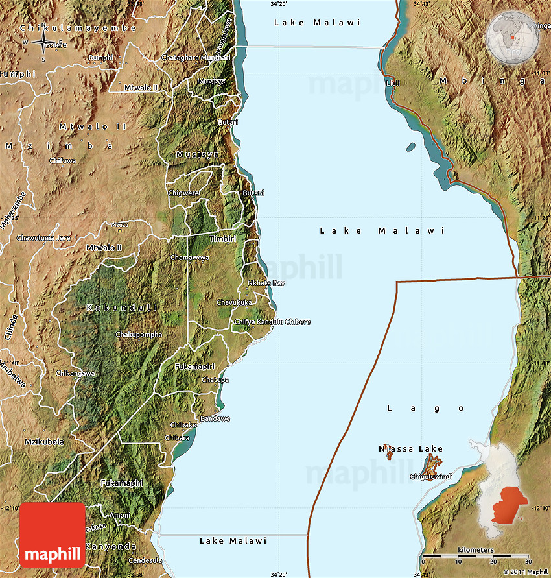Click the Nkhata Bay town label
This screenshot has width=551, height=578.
266,283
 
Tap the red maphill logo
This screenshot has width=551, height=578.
53,535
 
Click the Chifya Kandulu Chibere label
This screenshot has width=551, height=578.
272,322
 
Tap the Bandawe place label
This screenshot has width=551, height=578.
215,419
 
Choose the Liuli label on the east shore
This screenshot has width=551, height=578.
393,84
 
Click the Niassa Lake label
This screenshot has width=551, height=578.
411,448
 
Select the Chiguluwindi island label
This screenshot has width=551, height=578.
430,477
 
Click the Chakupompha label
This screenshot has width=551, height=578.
139,335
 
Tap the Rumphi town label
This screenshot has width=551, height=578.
100,58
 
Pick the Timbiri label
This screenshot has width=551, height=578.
222,239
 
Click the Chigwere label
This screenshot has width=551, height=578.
184,193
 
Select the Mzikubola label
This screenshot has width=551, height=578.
44,442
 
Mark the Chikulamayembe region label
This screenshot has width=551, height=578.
78,28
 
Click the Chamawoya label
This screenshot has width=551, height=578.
189,258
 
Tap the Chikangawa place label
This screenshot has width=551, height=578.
75,374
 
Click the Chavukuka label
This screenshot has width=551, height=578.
234,302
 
